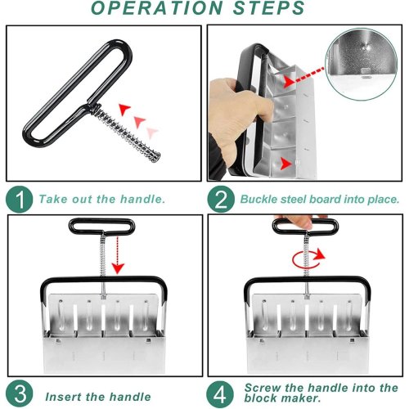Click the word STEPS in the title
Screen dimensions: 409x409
point(268,8)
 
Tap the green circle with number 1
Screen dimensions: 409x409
point(19,200)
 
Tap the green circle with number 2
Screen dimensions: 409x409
point(221,200)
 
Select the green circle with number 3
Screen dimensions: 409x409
point(19,393)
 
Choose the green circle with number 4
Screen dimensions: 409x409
point(220,394)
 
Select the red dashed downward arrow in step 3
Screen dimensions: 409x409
point(118,255)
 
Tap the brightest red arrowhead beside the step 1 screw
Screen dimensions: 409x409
point(124,109)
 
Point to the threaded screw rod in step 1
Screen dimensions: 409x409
point(128,133)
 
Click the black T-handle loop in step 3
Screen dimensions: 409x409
point(101,227)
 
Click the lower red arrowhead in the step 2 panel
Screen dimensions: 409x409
point(285,164)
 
